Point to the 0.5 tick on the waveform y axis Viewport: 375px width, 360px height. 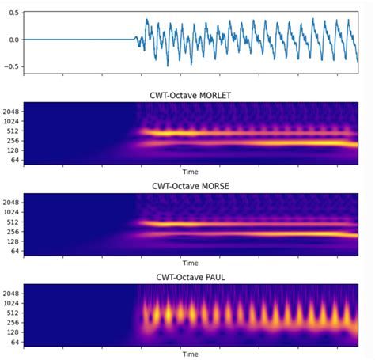pos(13,16)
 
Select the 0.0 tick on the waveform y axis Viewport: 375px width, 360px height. pos(13,40)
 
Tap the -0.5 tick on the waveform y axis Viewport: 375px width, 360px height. pos(12,66)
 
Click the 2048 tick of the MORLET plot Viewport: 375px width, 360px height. pos(12,111)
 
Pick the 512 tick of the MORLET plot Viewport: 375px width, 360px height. pos(13,131)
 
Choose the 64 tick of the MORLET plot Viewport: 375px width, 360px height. pos(15,160)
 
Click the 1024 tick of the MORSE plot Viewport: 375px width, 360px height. pos(12,212)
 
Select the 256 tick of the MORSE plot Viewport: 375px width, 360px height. pos(13,232)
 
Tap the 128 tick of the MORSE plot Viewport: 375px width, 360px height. pos(13,241)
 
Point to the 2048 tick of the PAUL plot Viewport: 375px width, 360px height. pos(12,293)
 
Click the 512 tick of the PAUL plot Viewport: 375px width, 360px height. pos(13,313)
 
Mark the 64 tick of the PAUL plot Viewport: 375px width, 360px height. pos(15,342)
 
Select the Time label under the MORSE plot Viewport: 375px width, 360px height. pos(190,263)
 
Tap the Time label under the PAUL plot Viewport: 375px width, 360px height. pos(190,354)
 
